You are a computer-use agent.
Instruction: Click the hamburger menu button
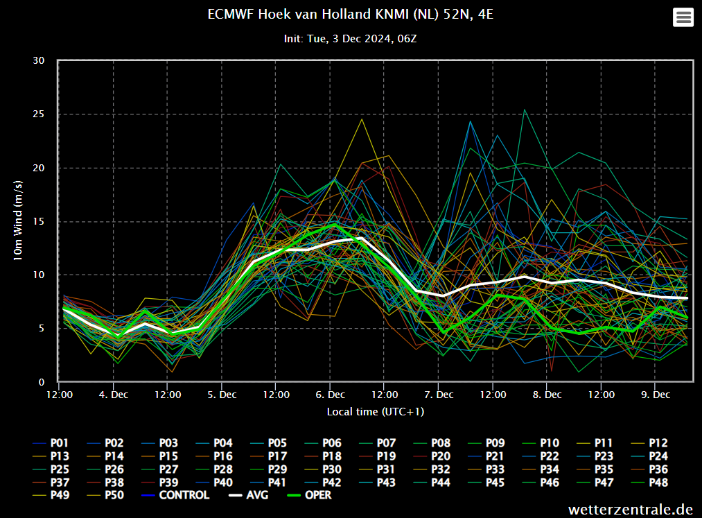pyautogui.click(x=683, y=17)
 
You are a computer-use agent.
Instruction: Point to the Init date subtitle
pyautogui.click(x=350, y=39)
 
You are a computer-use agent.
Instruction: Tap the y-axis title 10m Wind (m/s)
pyautogui.click(x=19, y=221)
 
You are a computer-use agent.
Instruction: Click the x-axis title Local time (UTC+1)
pyautogui.click(x=376, y=412)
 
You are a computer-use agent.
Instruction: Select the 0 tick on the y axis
pyautogui.click(x=42, y=382)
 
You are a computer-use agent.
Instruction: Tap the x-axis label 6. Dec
pyautogui.click(x=330, y=395)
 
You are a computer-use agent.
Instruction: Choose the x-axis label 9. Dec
pyautogui.click(x=655, y=395)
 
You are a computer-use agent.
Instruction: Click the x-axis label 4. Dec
pyautogui.click(x=113, y=395)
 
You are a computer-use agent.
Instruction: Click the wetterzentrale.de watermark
pyautogui.click(x=631, y=510)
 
